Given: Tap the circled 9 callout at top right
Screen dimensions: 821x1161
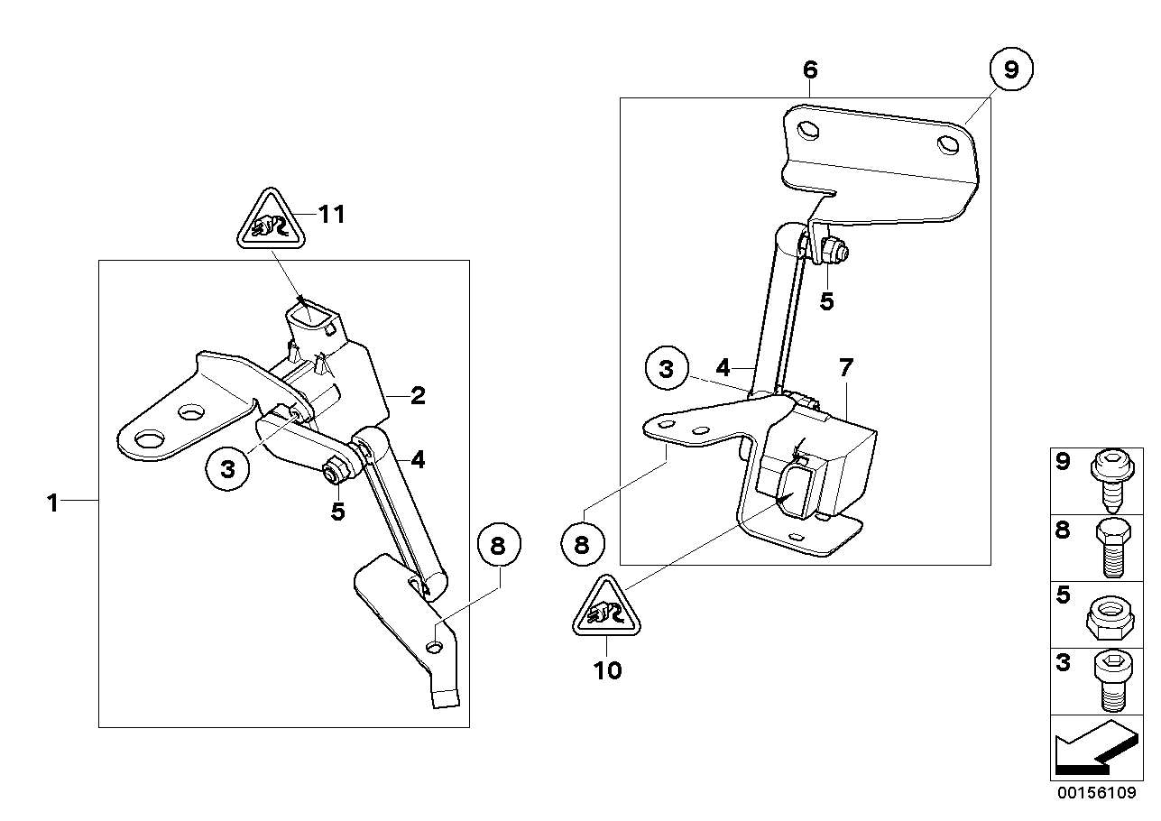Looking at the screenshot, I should tap(1010, 71).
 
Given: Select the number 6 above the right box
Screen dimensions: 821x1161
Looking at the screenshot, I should tap(809, 70).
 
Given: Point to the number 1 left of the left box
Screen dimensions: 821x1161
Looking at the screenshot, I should tap(52, 503).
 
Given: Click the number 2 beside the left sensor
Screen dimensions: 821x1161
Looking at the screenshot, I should tap(417, 395).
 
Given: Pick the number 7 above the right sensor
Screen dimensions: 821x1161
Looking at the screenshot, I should tap(845, 367).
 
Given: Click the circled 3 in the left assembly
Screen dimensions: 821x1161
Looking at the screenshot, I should tap(227, 468).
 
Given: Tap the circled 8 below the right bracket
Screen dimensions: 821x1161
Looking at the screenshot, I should tap(581, 544).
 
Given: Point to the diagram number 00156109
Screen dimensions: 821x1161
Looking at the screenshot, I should tap(1095, 795).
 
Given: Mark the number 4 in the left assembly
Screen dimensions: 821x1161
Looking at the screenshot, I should tap(418, 460).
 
